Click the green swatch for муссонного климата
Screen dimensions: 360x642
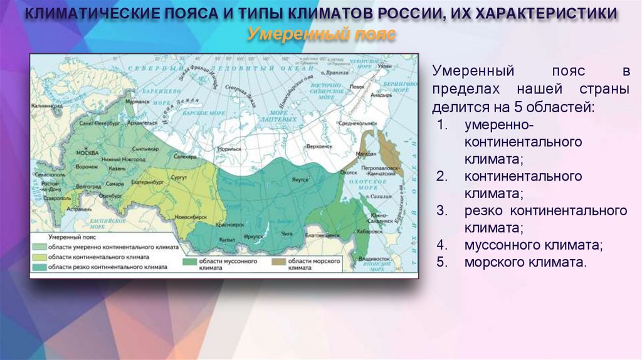click(x=190, y=260)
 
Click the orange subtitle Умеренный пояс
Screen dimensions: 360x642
click(x=321, y=34)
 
